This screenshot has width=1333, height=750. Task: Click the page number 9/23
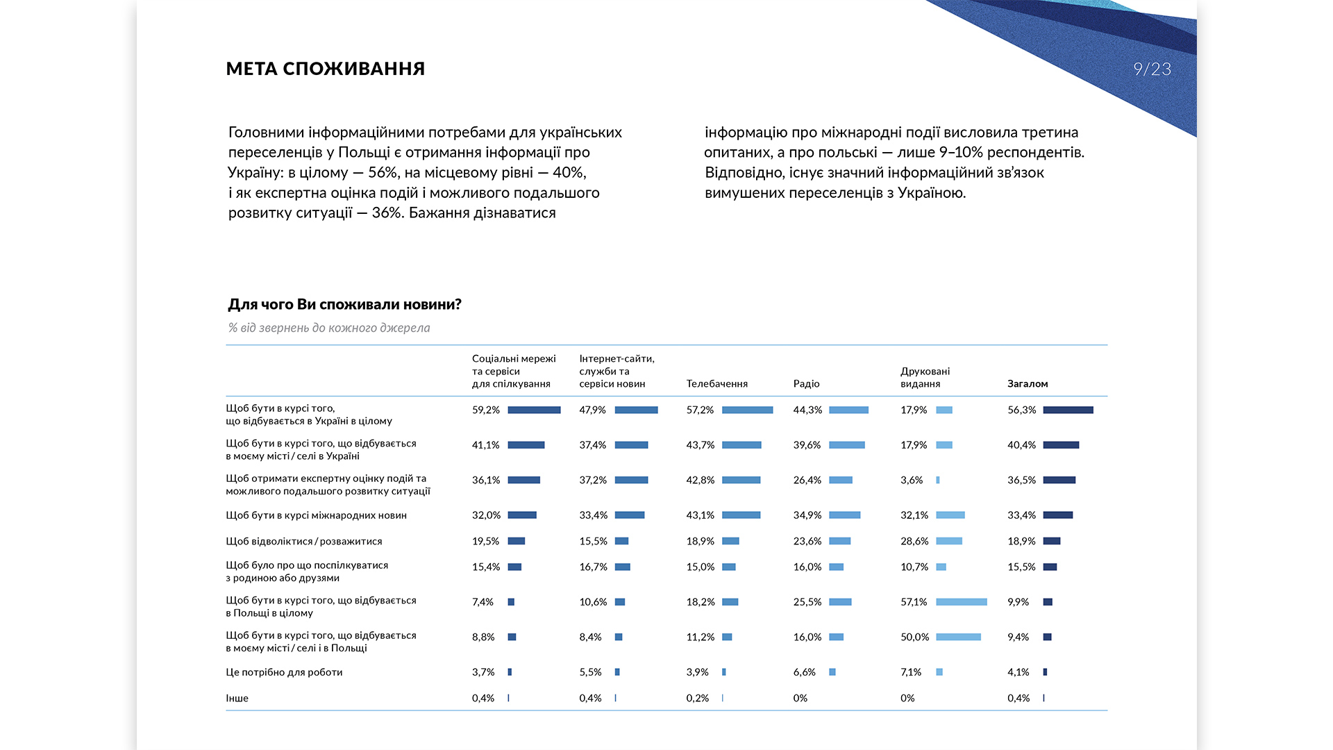[1152, 69]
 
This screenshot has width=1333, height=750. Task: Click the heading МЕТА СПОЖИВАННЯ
[326, 69]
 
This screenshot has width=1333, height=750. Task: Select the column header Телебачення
[717, 383]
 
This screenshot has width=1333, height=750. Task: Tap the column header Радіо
[807, 383]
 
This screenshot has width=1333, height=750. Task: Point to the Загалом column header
[1028, 383]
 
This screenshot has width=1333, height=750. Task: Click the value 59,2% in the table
[486, 410]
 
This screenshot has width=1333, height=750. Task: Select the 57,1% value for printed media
[914, 601]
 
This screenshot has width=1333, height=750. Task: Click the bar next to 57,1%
[962, 601]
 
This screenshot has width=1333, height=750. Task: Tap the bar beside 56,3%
[1068, 410]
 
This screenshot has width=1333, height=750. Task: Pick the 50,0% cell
[914, 637]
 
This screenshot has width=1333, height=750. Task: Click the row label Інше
[237, 698]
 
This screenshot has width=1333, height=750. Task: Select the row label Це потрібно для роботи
[284, 672]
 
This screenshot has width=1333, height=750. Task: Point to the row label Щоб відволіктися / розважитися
[304, 541]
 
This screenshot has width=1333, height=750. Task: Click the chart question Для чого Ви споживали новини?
[344, 304]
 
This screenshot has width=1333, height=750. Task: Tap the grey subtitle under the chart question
[329, 328]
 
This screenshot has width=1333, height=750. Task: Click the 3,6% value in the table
[912, 480]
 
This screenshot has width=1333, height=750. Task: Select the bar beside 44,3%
[849, 410]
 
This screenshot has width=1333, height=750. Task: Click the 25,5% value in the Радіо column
[807, 601]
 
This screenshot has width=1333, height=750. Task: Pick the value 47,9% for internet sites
[593, 410]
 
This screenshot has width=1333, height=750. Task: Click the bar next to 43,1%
[741, 515]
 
